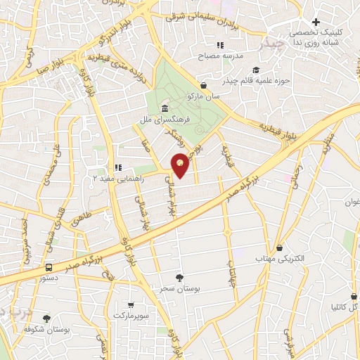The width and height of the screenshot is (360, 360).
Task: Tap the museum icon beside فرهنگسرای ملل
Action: [x=164, y=108]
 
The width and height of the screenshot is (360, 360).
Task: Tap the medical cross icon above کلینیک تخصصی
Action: [x=316, y=22]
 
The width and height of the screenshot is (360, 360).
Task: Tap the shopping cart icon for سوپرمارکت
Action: [x=131, y=304]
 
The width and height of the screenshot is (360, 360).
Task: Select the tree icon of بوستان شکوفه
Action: [x=46, y=319]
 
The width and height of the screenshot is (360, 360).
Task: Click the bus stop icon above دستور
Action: [x=49, y=267]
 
